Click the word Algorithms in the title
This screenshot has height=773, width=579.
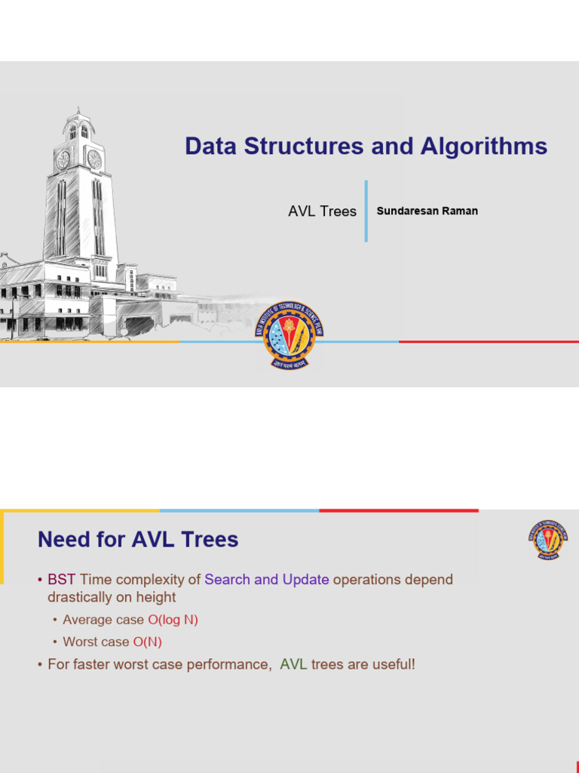pyautogui.click(x=482, y=146)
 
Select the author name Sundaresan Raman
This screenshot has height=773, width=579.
pyautogui.click(x=427, y=211)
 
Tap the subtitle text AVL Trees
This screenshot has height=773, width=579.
pyautogui.click(x=322, y=211)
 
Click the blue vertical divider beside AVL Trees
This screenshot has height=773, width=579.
pyautogui.click(x=366, y=211)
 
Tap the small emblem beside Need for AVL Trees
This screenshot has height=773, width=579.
pyautogui.click(x=548, y=539)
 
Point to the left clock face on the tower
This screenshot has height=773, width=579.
pyautogui.click(x=63, y=160)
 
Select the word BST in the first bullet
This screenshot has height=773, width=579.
pyautogui.click(x=62, y=580)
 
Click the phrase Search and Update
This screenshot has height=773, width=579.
pyautogui.click(x=266, y=580)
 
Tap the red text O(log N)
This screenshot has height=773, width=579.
pyautogui.click(x=173, y=620)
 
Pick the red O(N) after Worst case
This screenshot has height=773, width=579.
pyautogui.click(x=147, y=642)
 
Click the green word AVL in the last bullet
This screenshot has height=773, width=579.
pyautogui.click(x=293, y=665)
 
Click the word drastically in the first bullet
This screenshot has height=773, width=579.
pyautogui.click(x=78, y=597)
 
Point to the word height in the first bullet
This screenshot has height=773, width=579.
pyautogui.click(x=155, y=597)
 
